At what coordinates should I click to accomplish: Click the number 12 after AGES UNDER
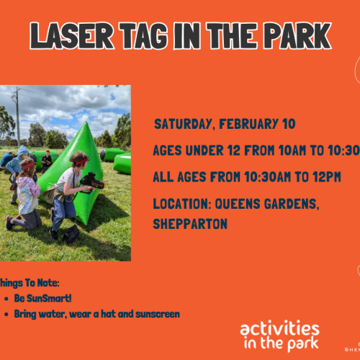coord(244,150)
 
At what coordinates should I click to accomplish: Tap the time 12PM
coord(325,177)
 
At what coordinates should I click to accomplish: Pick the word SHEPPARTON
coord(189,224)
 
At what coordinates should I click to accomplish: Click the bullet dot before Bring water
coord(6,314)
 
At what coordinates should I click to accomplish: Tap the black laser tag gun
coord(91,182)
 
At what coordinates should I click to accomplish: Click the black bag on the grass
coord(71,234)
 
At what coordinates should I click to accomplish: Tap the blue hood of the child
coord(14,165)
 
